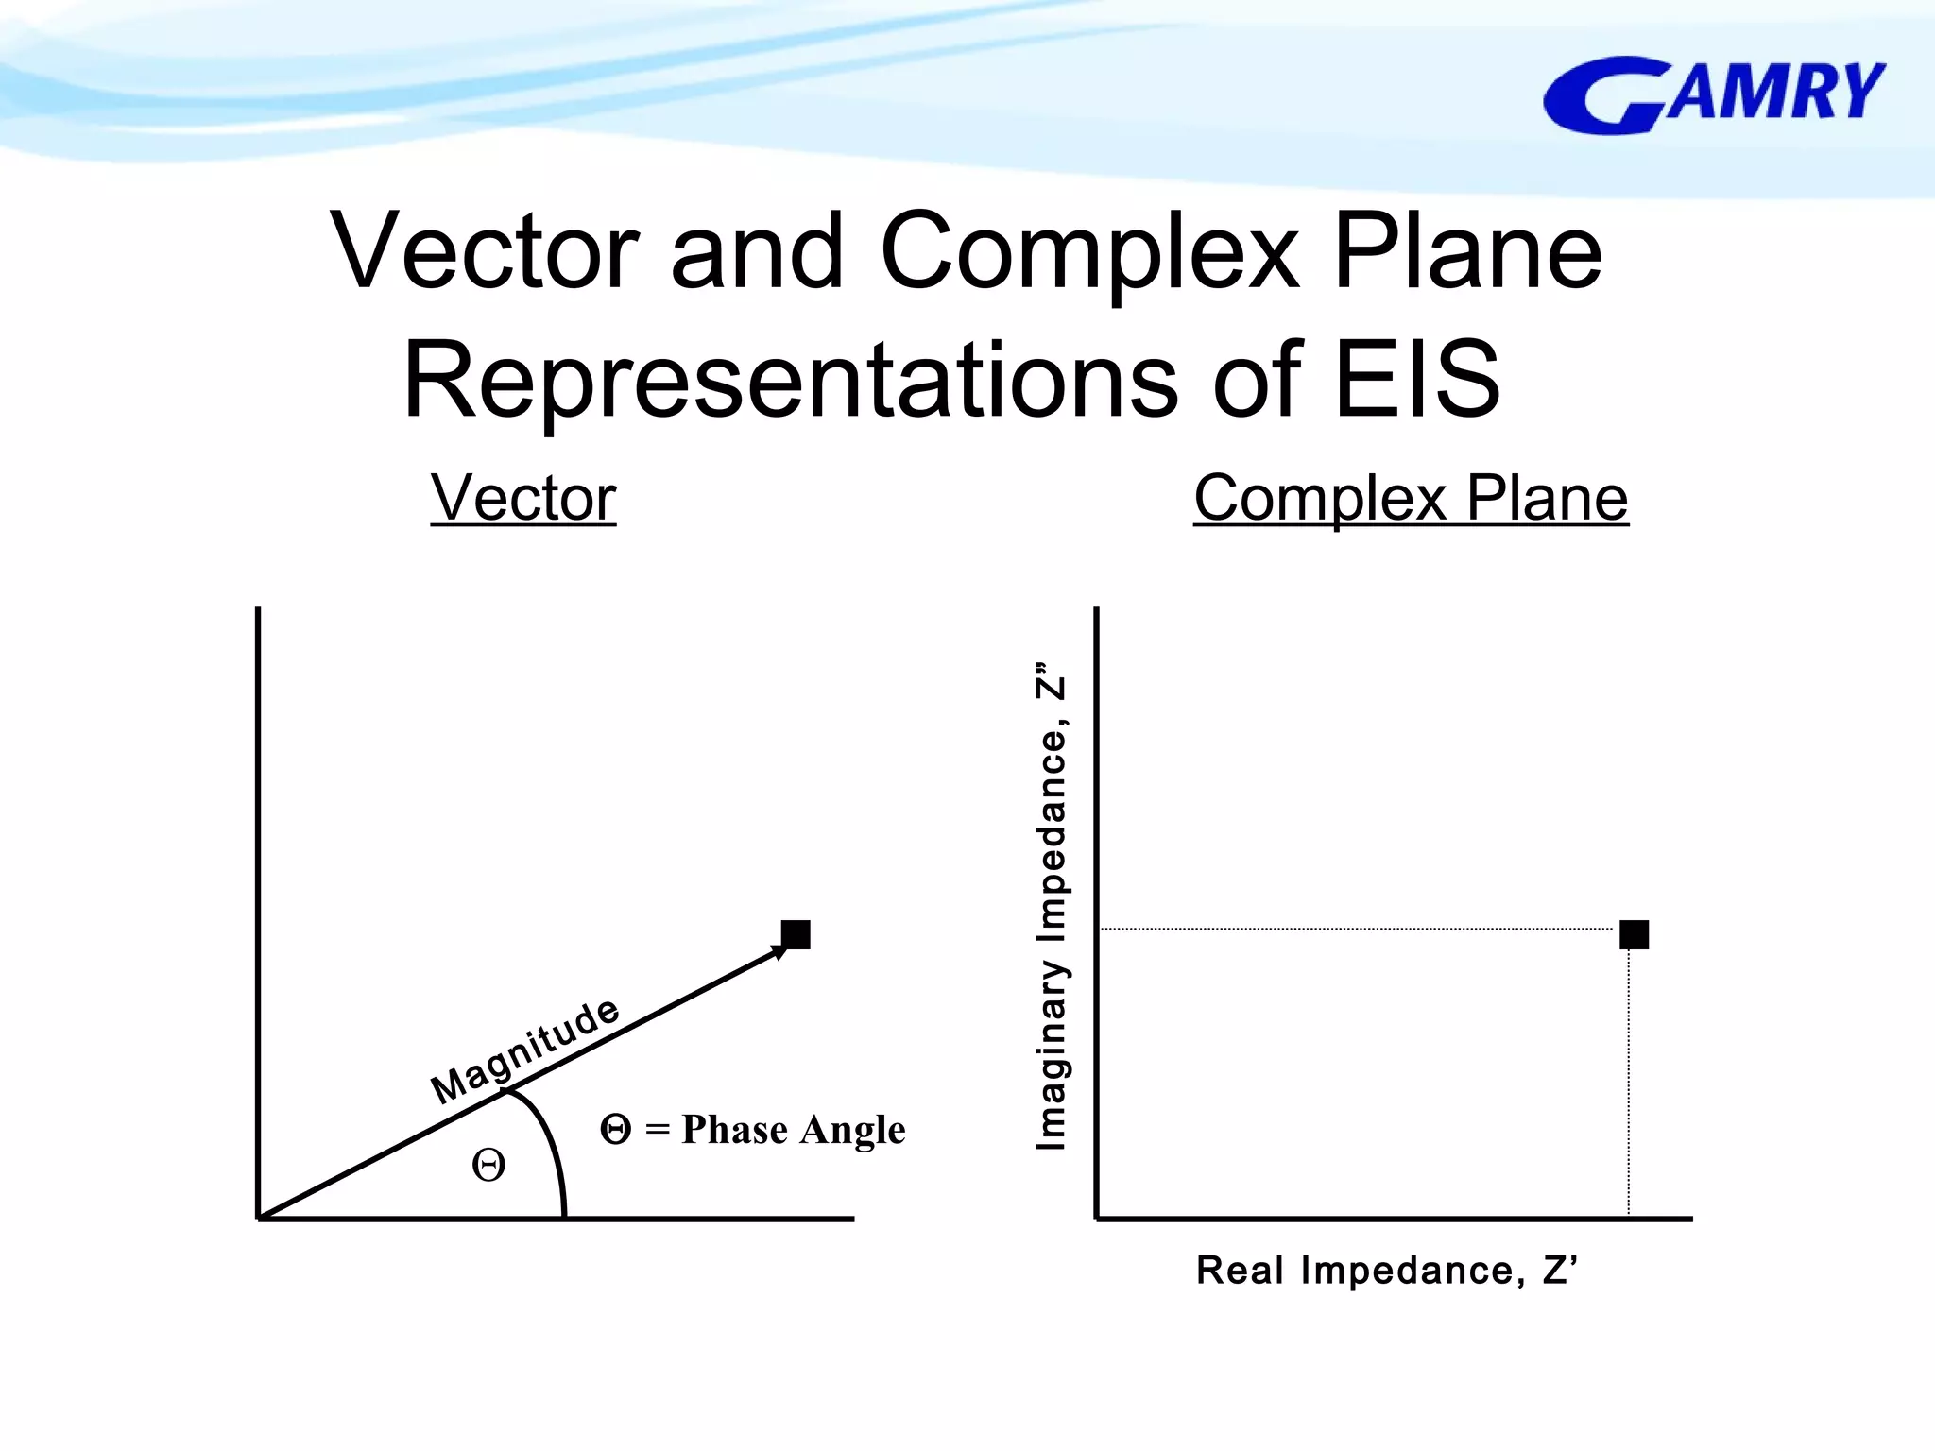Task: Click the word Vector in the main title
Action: pyautogui.click(x=485, y=251)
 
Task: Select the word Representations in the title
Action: pyautogui.click(x=791, y=380)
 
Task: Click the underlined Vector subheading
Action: pyautogui.click(x=523, y=498)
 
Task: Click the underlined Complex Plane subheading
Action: pyautogui.click(x=1411, y=498)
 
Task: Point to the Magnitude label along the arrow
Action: pyautogui.click(x=525, y=1050)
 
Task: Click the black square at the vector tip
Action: pyautogui.click(x=796, y=934)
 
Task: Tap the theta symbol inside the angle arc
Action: pyautogui.click(x=488, y=1165)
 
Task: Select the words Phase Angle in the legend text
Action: pyautogui.click(x=793, y=1130)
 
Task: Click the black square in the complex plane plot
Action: pyautogui.click(x=1634, y=934)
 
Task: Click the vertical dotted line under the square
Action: pyautogui.click(x=1629, y=1086)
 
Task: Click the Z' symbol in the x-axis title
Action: pyautogui.click(x=1559, y=1270)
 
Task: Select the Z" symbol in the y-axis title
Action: pyautogui.click(x=1051, y=680)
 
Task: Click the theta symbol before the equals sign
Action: pyautogui.click(x=615, y=1129)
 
